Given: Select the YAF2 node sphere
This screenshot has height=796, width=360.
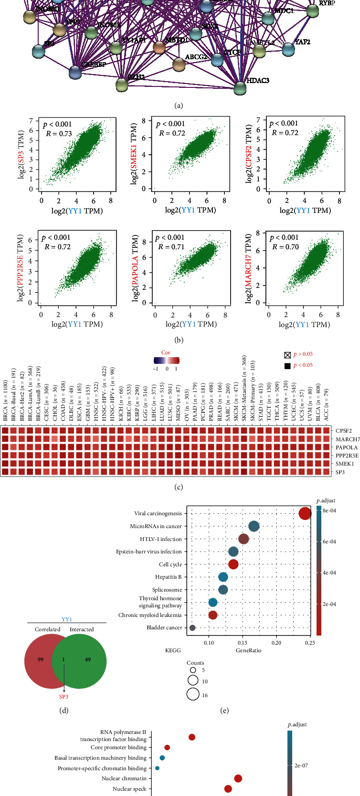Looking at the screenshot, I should (x=288, y=49).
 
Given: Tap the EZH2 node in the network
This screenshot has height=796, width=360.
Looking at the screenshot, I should (x=122, y=85).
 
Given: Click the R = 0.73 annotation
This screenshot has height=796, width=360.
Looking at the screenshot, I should (x=59, y=134).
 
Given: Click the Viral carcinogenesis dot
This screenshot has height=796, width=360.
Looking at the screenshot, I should (x=305, y=514).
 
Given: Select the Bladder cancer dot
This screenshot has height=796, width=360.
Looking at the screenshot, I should (x=192, y=627).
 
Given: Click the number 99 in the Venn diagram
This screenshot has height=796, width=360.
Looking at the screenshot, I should (x=41, y=659).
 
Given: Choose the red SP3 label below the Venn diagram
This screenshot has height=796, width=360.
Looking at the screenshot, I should (x=64, y=697).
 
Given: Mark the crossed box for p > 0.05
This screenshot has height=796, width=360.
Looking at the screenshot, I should (x=286, y=354).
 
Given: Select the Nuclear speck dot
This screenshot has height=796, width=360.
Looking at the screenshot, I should (x=228, y=788).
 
